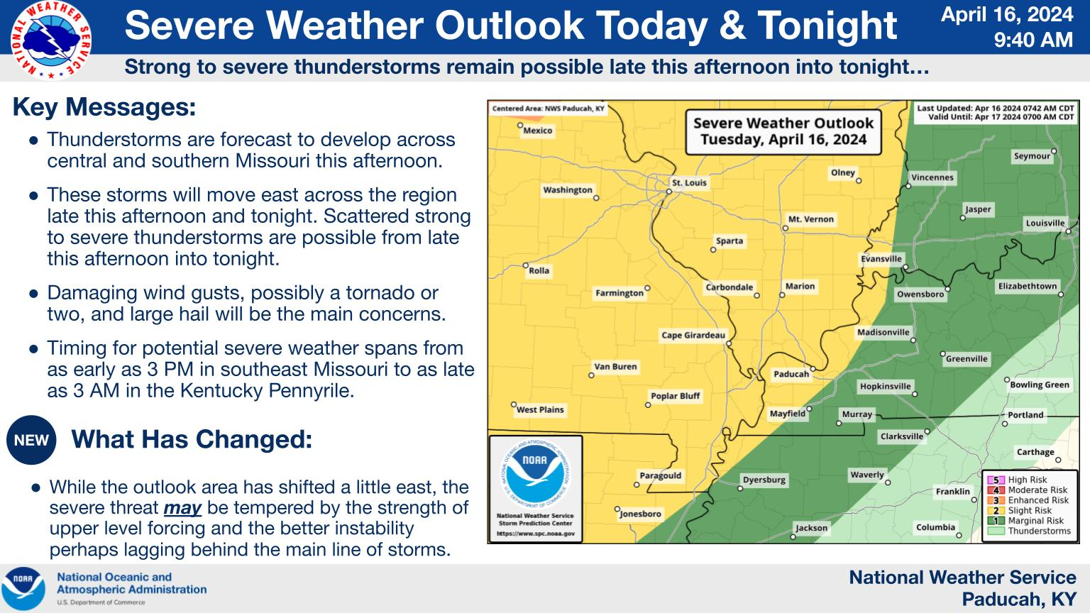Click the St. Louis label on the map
(x=689, y=183)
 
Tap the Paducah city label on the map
(x=791, y=374)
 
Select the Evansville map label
(x=881, y=259)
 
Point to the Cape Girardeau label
(x=693, y=335)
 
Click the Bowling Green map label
(x=1040, y=385)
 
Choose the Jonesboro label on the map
(x=640, y=514)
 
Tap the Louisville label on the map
(x=1045, y=223)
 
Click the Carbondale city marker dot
(x=756, y=295)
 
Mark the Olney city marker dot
(x=859, y=180)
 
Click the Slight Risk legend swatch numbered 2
(x=996, y=510)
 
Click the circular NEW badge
(x=31, y=440)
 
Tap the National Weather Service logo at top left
(x=50, y=40)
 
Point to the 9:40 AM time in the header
(x=1033, y=40)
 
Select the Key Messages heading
(x=104, y=107)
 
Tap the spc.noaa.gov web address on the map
(x=535, y=534)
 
